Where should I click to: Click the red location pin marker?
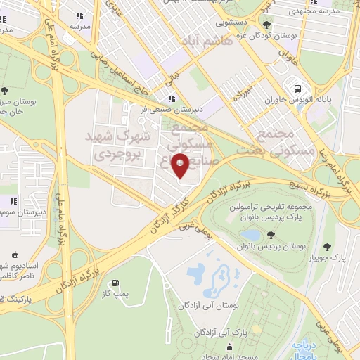pyautogui.click(x=181, y=166)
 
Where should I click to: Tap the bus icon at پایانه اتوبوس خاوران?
pyautogui.click(x=299, y=89)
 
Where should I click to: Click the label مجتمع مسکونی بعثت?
pyautogui.click(x=275, y=143)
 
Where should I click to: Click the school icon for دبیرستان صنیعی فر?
pyautogui.click(x=172, y=99)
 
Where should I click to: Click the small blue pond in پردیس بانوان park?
pyautogui.click(x=250, y=234)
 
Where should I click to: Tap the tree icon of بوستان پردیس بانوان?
pyautogui.click(x=271, y=233)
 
